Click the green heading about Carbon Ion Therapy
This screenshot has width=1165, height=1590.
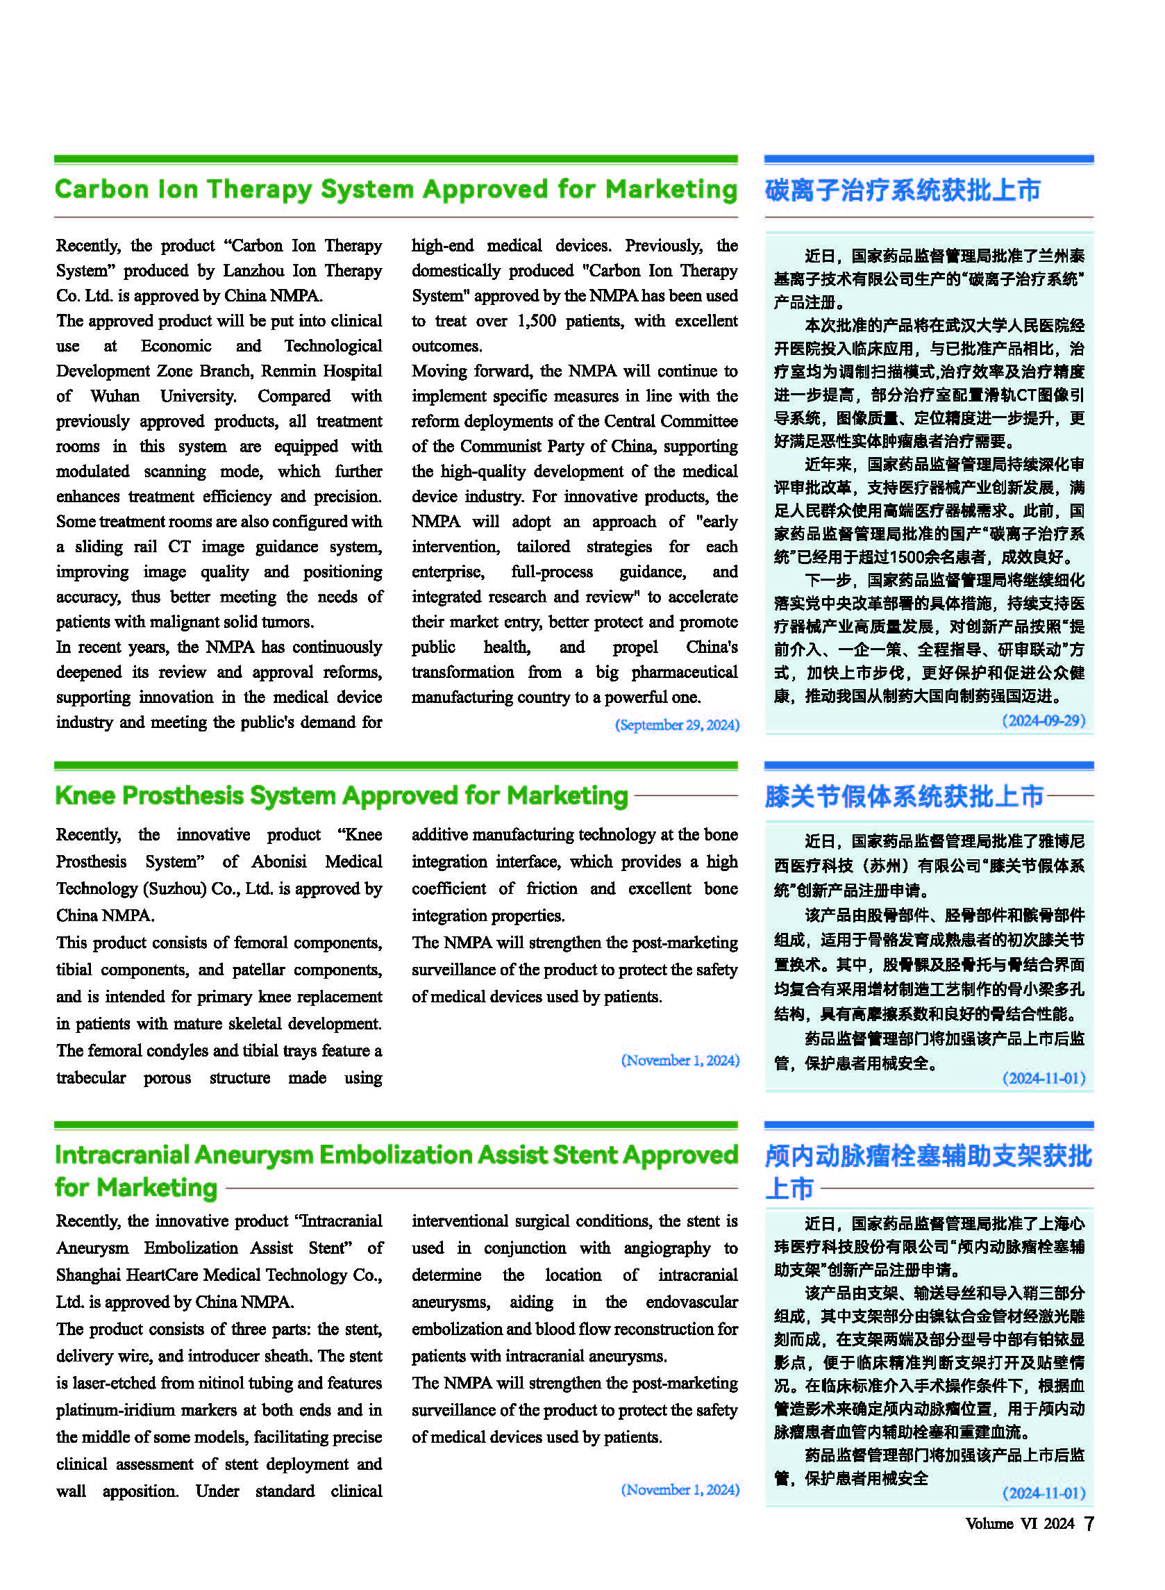396,189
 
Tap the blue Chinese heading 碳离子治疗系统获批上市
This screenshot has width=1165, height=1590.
903,190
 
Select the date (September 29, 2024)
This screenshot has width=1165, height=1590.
677,724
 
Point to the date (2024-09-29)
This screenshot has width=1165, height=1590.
1044,720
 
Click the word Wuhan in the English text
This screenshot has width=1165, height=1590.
115,396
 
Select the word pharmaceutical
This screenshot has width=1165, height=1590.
684,672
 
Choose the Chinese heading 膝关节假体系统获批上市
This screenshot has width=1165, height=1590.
904,797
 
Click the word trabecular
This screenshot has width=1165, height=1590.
91,1077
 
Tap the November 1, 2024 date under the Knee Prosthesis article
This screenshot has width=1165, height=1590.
680,1060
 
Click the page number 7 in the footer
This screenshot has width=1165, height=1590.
1089,1523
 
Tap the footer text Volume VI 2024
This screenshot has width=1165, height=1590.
1019,1524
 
